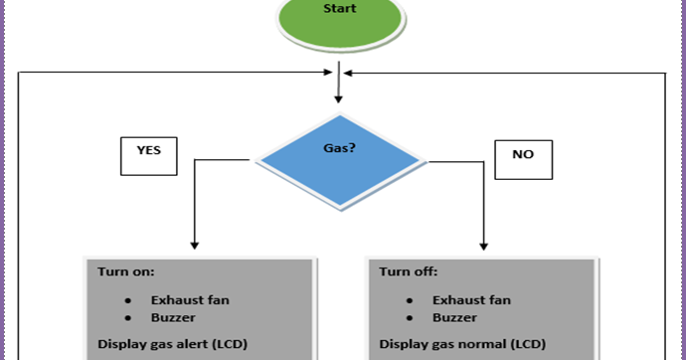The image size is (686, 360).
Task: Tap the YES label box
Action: (x=149, y=154)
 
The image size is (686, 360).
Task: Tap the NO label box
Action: (x=521, y=156)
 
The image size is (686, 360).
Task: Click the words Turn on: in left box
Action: (x=125, y=270)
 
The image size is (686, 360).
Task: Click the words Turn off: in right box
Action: (x=408, y=270)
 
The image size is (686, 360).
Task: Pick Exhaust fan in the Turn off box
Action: (x=472, y=299)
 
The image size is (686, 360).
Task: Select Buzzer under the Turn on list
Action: (x=174, y=319)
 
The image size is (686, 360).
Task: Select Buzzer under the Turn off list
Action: (x=455, y=319)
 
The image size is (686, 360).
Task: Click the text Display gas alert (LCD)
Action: (x=171, y=345)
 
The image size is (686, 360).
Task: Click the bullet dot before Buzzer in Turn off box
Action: (x=410, y=319)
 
